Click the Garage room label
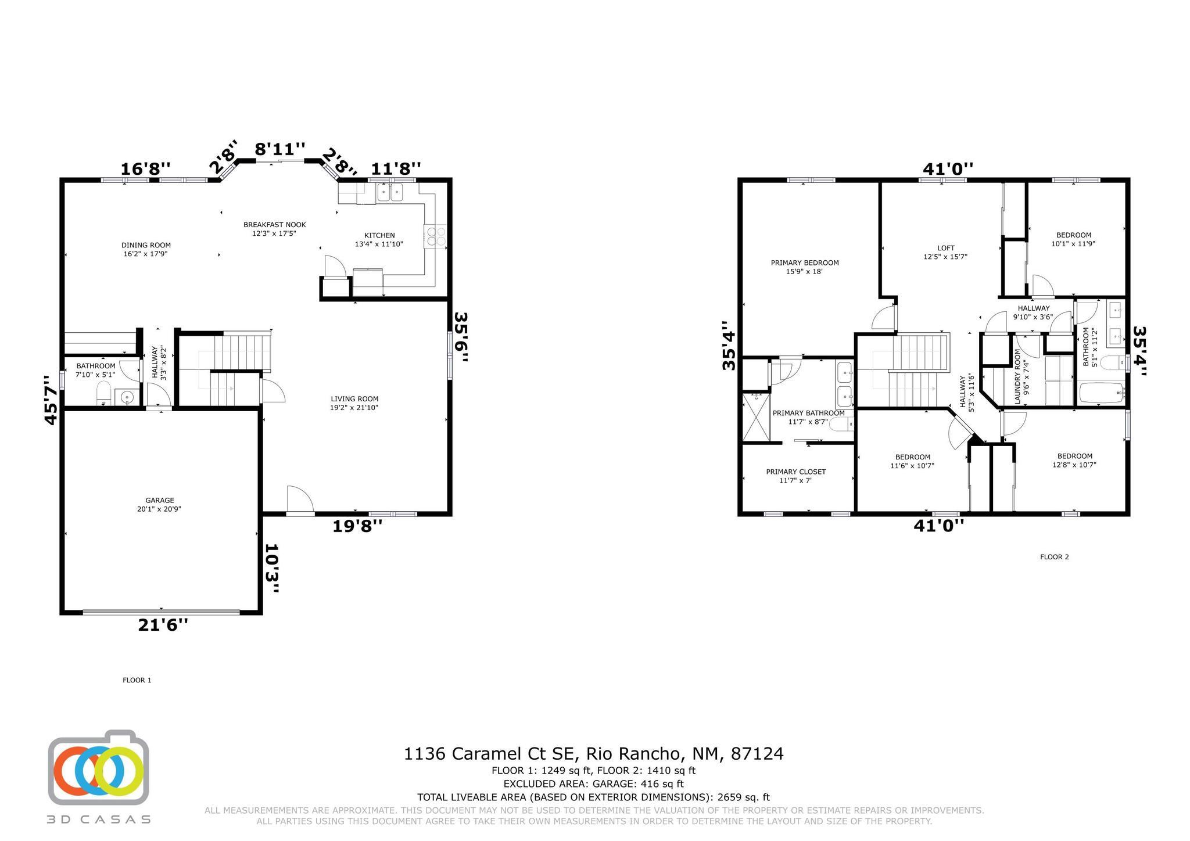[160, 504]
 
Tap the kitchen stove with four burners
[436, 236]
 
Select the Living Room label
[354, 402]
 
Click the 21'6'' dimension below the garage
[163, 625]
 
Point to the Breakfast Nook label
[274, 229]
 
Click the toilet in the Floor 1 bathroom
[103, 394]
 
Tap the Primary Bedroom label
[805, 267]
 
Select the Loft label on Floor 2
[945, 251]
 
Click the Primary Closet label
[795, 476]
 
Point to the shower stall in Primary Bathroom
[755, 417]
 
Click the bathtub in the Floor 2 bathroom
[1101, 394]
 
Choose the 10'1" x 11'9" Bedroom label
[1073, 239]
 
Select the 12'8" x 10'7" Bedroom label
[1074, 460]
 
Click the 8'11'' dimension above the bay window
[279, 150]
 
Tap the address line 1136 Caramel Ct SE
[593, 754]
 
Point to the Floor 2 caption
[1054, 557]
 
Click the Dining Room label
[146, 249]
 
